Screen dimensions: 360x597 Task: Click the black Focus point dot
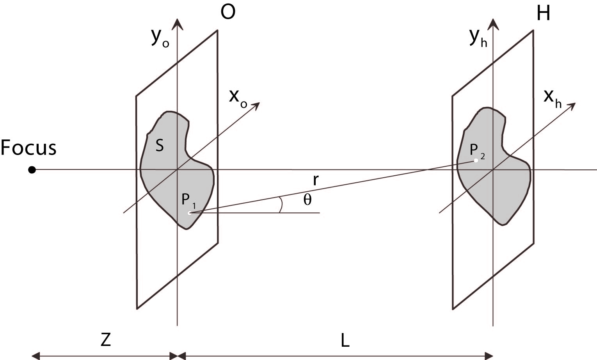coord(32,170)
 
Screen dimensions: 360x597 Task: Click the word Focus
coord(28,148)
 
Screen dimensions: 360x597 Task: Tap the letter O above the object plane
coord(228,13)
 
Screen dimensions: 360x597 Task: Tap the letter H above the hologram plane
coord(543,14)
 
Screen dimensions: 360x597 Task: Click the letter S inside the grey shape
coord(159,146)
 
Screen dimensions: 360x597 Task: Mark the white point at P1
coord(189,213)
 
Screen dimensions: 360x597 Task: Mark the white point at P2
coord(476,160)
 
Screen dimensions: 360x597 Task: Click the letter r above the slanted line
coord(316,180)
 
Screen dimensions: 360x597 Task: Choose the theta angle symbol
coord(307,200)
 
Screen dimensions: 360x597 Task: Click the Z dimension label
coord(106,340)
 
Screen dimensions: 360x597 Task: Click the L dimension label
coord(345,341)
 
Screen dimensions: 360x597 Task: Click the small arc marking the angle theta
coord(281,205)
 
